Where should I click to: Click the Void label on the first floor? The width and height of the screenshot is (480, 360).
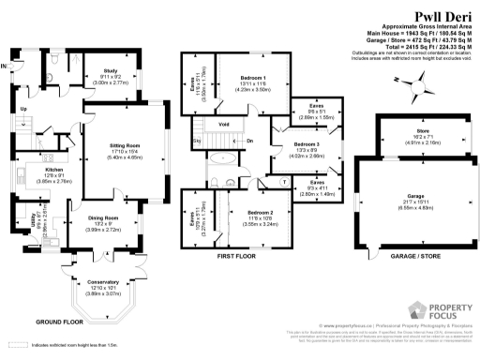pos(224,123)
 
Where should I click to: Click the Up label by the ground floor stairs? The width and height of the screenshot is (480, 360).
pos(23,109)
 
